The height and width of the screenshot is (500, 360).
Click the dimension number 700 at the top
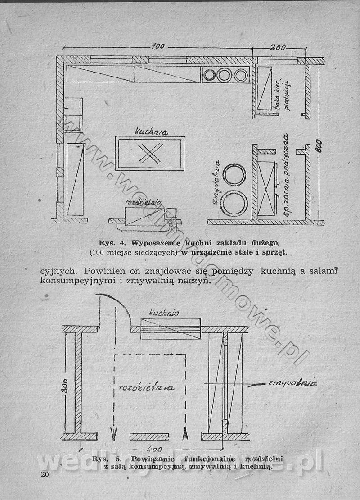[158, 47]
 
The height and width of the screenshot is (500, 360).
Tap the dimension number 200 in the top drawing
[279, 47]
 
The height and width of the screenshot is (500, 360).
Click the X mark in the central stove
[149, 154]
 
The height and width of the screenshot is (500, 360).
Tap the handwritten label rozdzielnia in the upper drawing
[144, 203]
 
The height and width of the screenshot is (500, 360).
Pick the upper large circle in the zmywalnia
[234, 175]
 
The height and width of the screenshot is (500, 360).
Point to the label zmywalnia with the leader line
[292, 383]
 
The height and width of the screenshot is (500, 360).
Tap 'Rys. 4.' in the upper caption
[111, 243]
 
